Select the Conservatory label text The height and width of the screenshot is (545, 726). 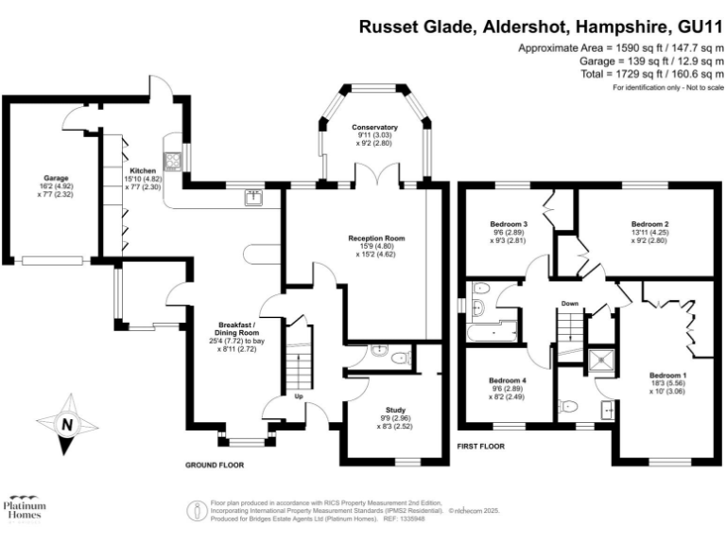[374, 127]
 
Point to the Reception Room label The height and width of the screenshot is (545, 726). [376, 238]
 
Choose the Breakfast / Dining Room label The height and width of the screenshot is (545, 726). [237, 326]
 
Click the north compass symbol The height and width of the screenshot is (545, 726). [66, 424]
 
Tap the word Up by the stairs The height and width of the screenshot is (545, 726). [299, 396]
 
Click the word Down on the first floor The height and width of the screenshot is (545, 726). [570, 304]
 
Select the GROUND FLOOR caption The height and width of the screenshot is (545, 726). [215, 466]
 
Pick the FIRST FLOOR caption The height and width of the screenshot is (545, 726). [481, 446]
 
